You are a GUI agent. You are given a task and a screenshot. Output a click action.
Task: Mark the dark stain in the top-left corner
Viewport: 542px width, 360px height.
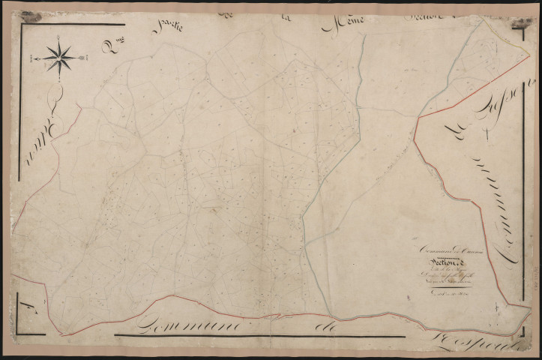coord(31,16)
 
